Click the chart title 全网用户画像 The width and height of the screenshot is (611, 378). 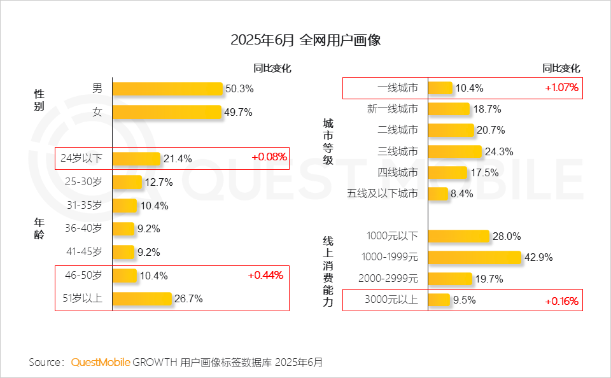[x=305, y=41]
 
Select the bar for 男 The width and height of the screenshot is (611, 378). [x=167, y=88]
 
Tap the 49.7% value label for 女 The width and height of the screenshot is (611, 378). [x=238, y=113]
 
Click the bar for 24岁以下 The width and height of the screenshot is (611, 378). [x=136, y=158]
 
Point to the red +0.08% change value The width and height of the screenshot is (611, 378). [x=269, y=157]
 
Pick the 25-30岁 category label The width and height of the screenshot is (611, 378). [x=83, y=182]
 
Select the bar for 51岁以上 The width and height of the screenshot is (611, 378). [x=142, y=298]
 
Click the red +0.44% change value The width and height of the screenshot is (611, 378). [x=265, y=275]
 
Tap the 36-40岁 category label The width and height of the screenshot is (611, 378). [x=83, y=228]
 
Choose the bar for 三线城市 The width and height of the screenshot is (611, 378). [x=454, y=151]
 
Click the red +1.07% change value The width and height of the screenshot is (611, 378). [x=561, y=88]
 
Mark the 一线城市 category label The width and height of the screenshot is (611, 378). [x=397, y=88]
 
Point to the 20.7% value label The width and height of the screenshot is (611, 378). [x=491, y=130]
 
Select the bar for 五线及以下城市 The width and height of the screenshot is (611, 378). [x=438, y=193]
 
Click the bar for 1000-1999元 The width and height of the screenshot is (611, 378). [x=475, y=257]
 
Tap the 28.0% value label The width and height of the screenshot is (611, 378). [x=507, y=237]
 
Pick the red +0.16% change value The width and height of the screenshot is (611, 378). [x=561, y=300]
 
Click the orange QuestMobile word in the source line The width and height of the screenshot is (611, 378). [x=101, y=363]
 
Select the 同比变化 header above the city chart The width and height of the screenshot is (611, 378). [x=561, y=68]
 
